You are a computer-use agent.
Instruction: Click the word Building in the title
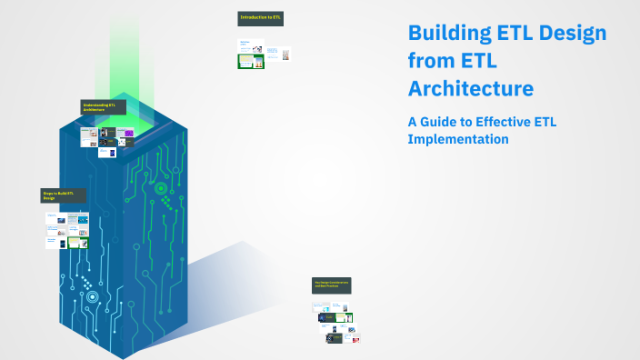pos(445,35)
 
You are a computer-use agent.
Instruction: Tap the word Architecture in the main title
pos(471,89)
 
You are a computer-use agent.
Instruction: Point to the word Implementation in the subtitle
pos(458,140)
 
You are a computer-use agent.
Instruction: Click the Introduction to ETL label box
pos(260,18)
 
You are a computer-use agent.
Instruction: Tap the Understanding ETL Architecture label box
pos(103,107)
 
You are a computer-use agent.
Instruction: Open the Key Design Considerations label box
pos(332,285)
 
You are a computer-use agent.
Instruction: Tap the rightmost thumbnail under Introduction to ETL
pos(286,55)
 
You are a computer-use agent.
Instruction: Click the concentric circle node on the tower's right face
pos(161,188)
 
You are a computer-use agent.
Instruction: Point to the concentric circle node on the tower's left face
pos(91,295)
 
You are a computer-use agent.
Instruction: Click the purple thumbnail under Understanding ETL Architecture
pos(129,133)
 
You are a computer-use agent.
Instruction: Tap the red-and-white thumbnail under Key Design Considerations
pos(355,339)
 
